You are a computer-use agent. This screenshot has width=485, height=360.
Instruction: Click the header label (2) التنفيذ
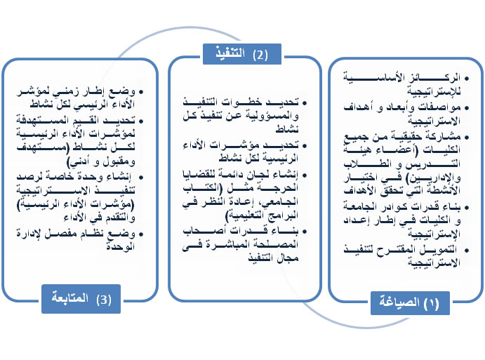point(241,53)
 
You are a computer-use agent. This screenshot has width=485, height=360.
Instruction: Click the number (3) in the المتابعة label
point(105,298)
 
